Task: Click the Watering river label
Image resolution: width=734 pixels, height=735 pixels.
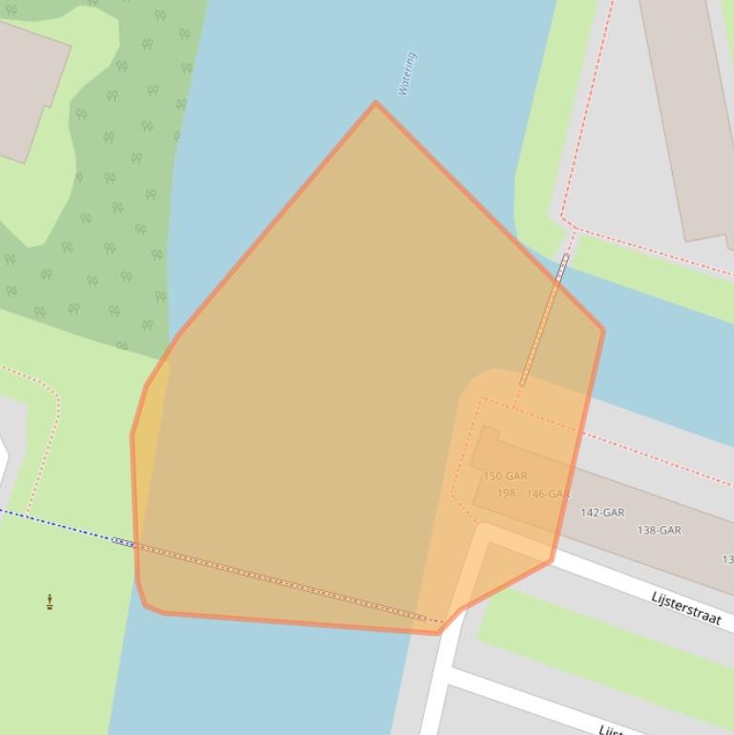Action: click(x=408, y=73)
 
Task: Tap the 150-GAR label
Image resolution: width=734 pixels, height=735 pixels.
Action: click(x=505, y=475)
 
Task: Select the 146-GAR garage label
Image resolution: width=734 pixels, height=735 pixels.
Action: click(x=548, y=493)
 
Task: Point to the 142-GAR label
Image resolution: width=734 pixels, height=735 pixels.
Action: click(x=602, y=513)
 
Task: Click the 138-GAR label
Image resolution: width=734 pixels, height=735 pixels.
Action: click(x=659, y=530)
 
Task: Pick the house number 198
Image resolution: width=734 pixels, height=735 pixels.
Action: click(x=506, y=493)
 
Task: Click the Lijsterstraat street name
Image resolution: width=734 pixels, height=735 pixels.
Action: click(x=685, y=607)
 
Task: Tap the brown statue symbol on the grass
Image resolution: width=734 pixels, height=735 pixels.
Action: click(x=50, y=601)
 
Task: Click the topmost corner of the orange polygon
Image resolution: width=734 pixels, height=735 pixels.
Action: click(x=376, y=102)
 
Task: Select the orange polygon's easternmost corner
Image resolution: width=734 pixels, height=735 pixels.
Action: click(x=603, y=330)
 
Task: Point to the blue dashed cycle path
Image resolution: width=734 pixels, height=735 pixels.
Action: click(x=57, y=523)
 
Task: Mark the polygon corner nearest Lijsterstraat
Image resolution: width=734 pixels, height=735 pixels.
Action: click(x=551, y=560)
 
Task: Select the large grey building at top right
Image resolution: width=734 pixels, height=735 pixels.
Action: click(x=687, y=115)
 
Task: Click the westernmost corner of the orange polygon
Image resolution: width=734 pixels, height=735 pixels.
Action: click(x=132, y=436)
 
